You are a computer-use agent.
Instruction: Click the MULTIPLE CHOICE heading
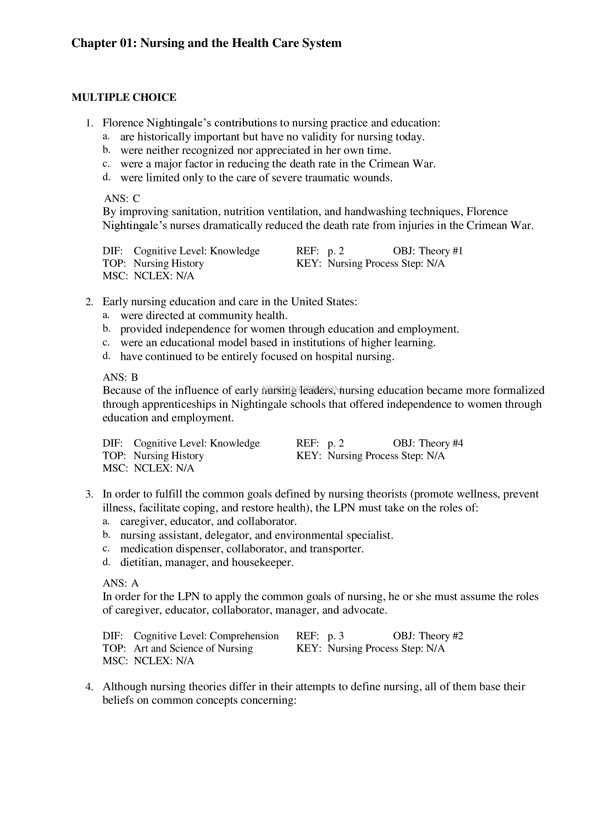coord(124,97)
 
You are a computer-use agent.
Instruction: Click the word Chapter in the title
coord(92,43)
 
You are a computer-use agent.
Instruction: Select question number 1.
coord(89,123)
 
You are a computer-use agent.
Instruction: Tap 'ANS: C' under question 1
coord(122,198)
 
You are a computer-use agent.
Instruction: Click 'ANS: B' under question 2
coord(120,377)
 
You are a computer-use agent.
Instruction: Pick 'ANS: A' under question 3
coord(121,583)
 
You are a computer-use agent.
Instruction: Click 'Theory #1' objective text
coord(441,251)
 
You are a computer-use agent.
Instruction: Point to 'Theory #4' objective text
coord(441,443)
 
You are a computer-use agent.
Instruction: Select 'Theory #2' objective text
coord(441,636)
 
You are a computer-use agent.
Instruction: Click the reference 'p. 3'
coord(335,636)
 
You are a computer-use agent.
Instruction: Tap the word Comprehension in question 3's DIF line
coord(244,636)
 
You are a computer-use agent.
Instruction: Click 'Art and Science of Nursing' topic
coord(193,648)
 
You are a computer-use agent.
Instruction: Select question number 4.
coord(89,687)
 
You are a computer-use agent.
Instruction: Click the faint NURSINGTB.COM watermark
coord(302,389)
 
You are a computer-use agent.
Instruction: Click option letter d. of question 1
coord(106,177)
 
